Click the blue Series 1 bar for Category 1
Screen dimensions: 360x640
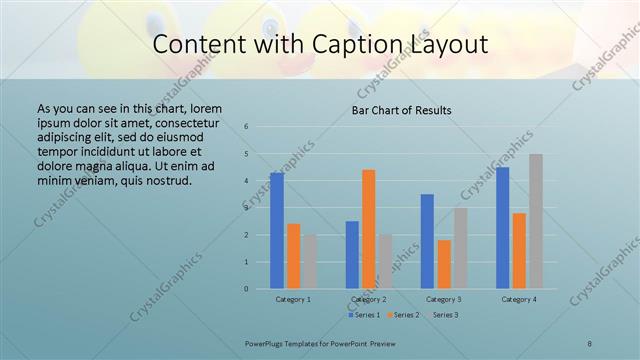coord(277,231)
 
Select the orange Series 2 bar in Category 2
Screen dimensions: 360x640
coord(368,229)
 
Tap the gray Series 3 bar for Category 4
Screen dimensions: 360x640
coord(536,221)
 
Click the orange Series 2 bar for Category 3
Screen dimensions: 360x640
coord(443,264)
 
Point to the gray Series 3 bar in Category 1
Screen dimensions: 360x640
coord(309,262)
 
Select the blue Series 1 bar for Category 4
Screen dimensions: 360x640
coord(502,228)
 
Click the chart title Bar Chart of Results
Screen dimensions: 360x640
coord(400,110)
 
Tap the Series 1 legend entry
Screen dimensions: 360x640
coord(364,315)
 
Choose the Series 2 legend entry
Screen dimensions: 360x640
coord(402,315)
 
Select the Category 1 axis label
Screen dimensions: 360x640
coord(293,299)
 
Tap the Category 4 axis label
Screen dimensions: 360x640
coord(519,299)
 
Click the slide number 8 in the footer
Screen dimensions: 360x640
coord(590,343)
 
